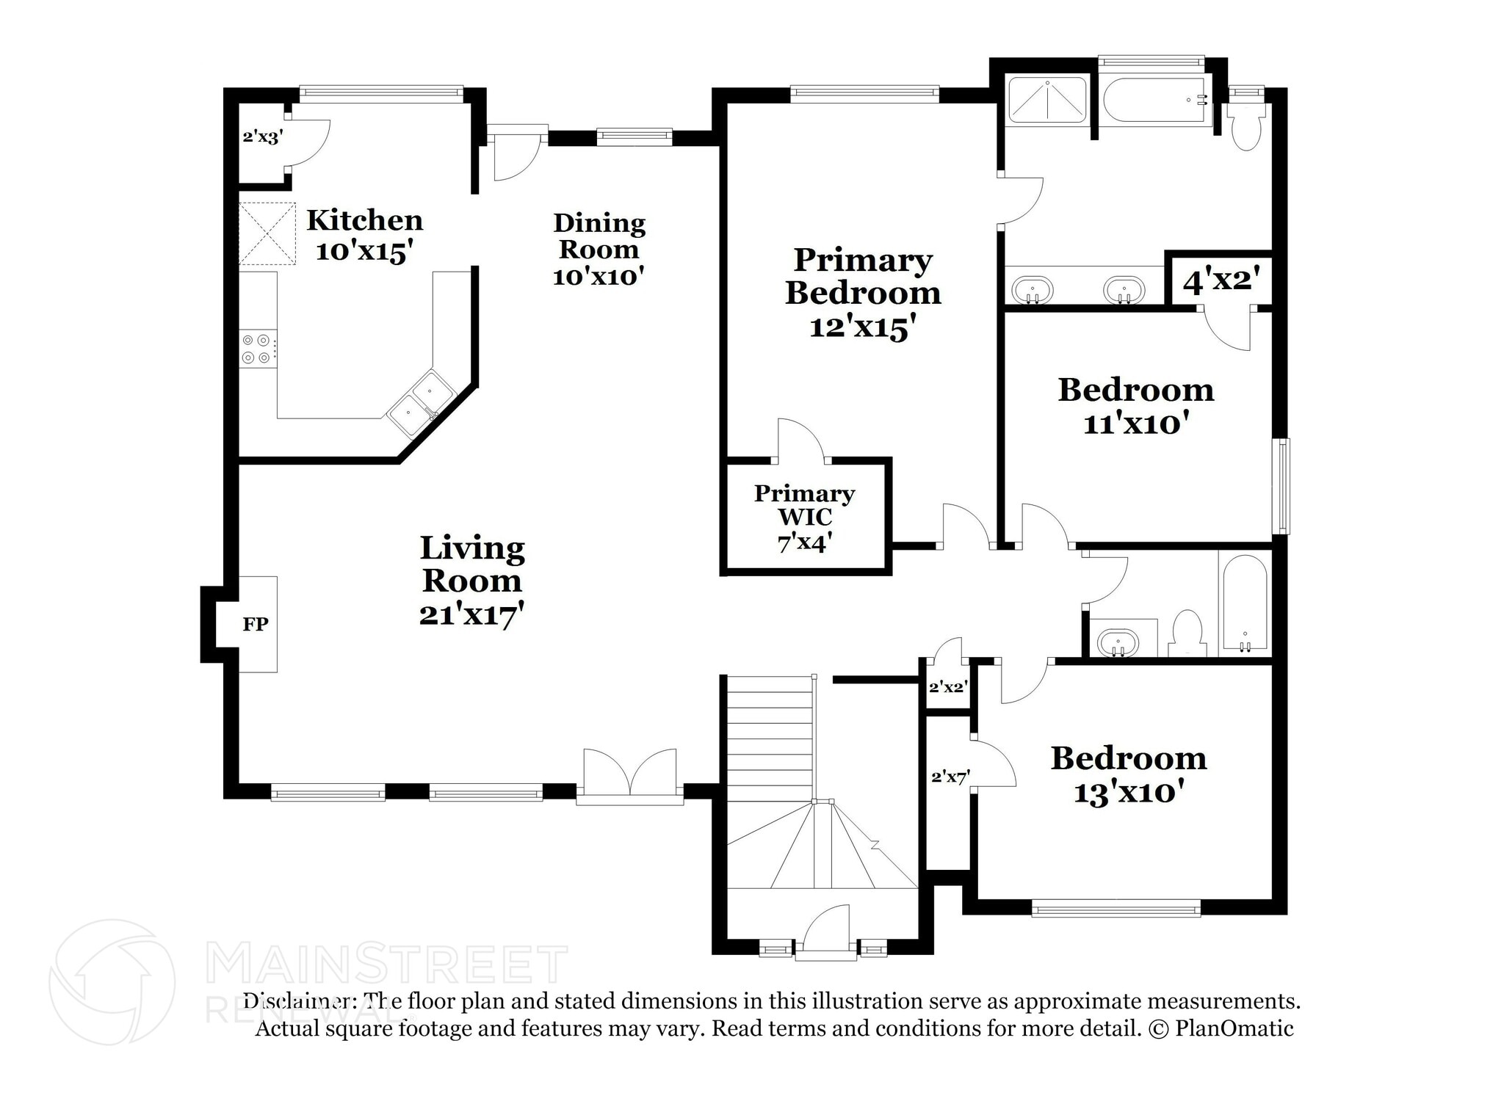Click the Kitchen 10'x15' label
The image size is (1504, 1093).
(x=364, y=235)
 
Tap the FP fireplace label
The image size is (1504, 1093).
(x=256, y=624)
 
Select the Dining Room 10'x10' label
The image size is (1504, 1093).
(x=599, y=249)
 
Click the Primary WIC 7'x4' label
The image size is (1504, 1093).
(x=805, y=518)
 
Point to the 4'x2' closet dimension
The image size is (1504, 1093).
(x=1221, y=280)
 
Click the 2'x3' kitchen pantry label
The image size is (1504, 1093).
(x=262, y=137)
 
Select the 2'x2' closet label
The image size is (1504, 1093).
(x=947, y=687)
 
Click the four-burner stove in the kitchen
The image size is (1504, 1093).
(x=258, y=349)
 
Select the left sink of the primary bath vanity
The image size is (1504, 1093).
(x=1033, y=288)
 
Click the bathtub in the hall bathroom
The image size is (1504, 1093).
(x=1243, y=605)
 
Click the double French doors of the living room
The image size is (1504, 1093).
(x=630, y=776)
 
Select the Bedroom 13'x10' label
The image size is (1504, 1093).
(x=1129, y=774)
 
